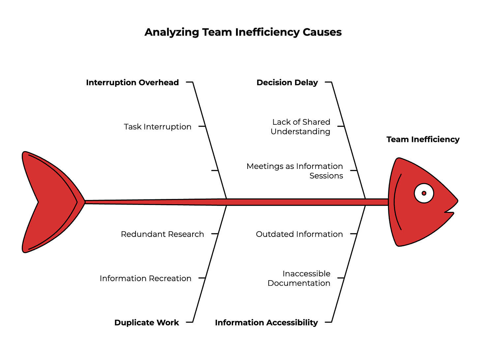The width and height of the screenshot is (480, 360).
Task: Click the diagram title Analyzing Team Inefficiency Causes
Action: pos(243,32)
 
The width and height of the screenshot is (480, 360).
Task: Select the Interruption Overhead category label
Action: pos(132,82)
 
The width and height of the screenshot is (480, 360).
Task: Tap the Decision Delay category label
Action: pos(287,82)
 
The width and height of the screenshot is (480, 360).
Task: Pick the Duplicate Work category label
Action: pos(146,322)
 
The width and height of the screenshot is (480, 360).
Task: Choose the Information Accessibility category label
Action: pos(266,322)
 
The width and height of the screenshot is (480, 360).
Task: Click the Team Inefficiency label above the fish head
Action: pos(423,139)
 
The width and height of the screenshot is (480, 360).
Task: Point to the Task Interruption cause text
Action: pos(157,127)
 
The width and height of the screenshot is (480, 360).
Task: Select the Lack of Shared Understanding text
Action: pos(300,127)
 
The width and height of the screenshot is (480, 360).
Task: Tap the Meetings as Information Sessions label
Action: pos(295,171)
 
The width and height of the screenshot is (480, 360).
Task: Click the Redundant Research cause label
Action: pos(162,234)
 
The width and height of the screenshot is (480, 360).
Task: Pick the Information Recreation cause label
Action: pos(145,278)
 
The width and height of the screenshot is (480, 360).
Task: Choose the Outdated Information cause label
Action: pos(299,234)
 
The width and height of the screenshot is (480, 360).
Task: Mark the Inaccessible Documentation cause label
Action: pos(299,278)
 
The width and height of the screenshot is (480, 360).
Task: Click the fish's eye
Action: pos(424,193)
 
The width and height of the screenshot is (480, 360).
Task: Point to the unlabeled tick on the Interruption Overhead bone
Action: pos(215,171)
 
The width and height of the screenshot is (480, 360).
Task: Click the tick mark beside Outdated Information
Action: pos(353,234)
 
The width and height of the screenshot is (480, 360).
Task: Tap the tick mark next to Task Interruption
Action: pos(202,126)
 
